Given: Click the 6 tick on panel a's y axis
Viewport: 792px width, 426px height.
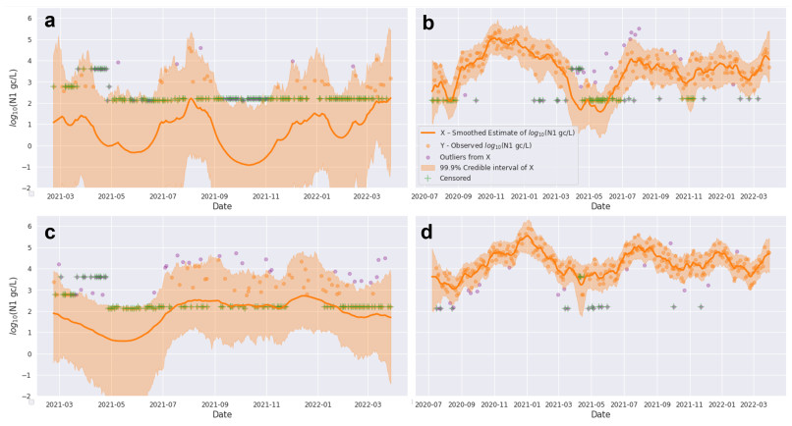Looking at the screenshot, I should point(30,19).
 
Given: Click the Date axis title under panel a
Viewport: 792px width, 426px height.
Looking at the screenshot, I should point(222,206).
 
